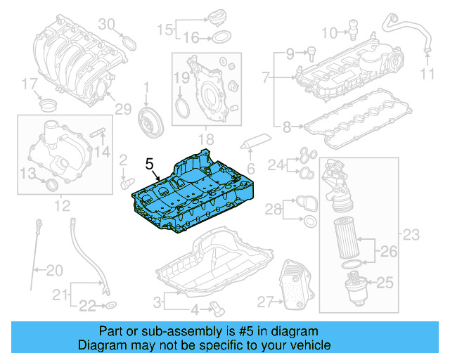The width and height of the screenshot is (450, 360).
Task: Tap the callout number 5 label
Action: coord(149,163)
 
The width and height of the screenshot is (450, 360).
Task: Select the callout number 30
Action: coord(105,25)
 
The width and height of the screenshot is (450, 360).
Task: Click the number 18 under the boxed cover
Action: coord(206,139)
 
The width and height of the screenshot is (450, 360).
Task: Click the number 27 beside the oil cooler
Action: coord(264,302)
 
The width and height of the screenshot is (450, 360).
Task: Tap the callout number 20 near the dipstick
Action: coord(54,269)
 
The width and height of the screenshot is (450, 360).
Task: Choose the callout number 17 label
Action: coord(28,85)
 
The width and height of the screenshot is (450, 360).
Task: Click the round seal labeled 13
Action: coord(51,185)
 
